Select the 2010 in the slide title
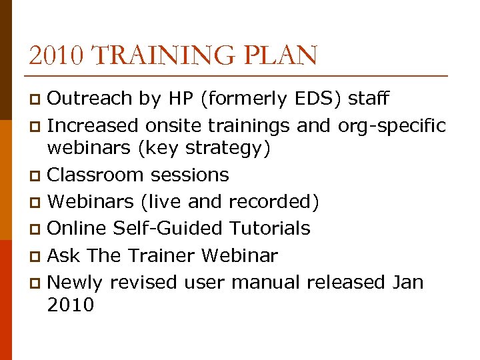coord(57,55)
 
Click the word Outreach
coord(90,99)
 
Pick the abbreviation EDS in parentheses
coord(317,99)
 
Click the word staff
coord(369,99)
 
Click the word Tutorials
coord(270,228)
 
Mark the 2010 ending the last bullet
coord(71,305)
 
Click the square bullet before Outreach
coord(37,100)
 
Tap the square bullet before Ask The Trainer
coord(37,257)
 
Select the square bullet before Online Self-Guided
coord(37,229)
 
